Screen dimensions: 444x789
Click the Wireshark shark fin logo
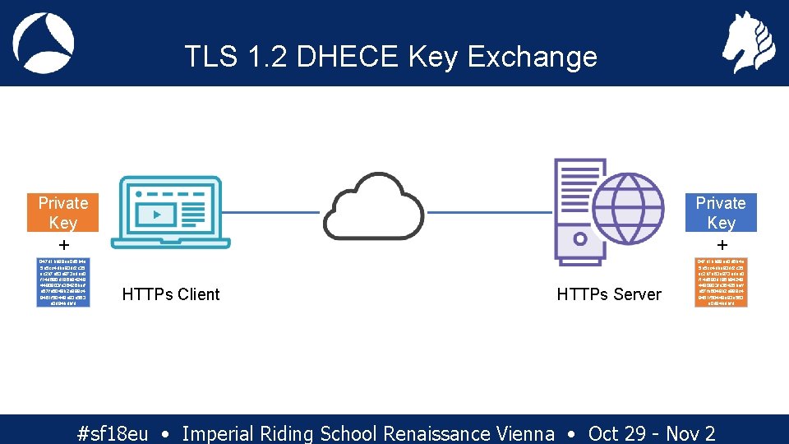coord(44,43)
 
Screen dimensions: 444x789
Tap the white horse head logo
coord(748,42)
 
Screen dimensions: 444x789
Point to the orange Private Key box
coord(62,212)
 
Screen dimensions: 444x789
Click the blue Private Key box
coord(721,212)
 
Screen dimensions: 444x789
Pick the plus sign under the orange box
coord(63,245)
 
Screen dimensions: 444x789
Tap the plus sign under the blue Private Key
coord(722,245)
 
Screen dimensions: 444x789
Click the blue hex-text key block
coord(62,282)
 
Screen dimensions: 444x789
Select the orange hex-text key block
coord(722,282)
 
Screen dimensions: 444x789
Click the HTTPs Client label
coord(171,294)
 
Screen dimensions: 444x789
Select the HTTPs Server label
coord(609,294)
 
